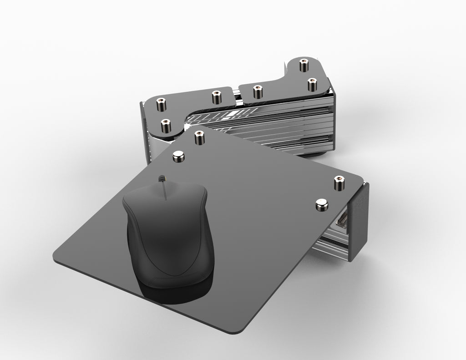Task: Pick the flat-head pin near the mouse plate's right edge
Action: pyautogui.click(x=322, y=205)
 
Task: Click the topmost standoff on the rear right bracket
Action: pyautogui.click(x=304, y=64)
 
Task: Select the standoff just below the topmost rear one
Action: pyautogui.click(x=312, y=84)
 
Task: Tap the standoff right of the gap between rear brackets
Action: pyautogui.click(x=258, y=91)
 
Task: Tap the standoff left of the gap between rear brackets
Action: pyautogui.click(x=215, y=96)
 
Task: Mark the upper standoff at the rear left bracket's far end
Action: pyautogui.click(x=160, y=104)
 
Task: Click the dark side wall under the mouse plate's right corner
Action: pyautogui.click(x=359, y=218)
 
